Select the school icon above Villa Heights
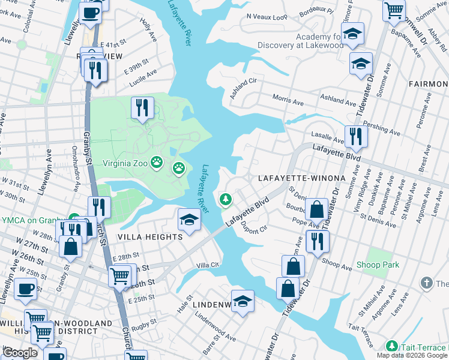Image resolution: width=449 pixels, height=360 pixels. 189,220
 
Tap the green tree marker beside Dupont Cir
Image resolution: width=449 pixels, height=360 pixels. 226,199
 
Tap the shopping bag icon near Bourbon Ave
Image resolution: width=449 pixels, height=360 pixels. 316,210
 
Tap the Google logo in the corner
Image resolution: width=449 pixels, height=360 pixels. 20,353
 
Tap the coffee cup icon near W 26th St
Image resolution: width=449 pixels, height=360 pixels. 25,289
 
